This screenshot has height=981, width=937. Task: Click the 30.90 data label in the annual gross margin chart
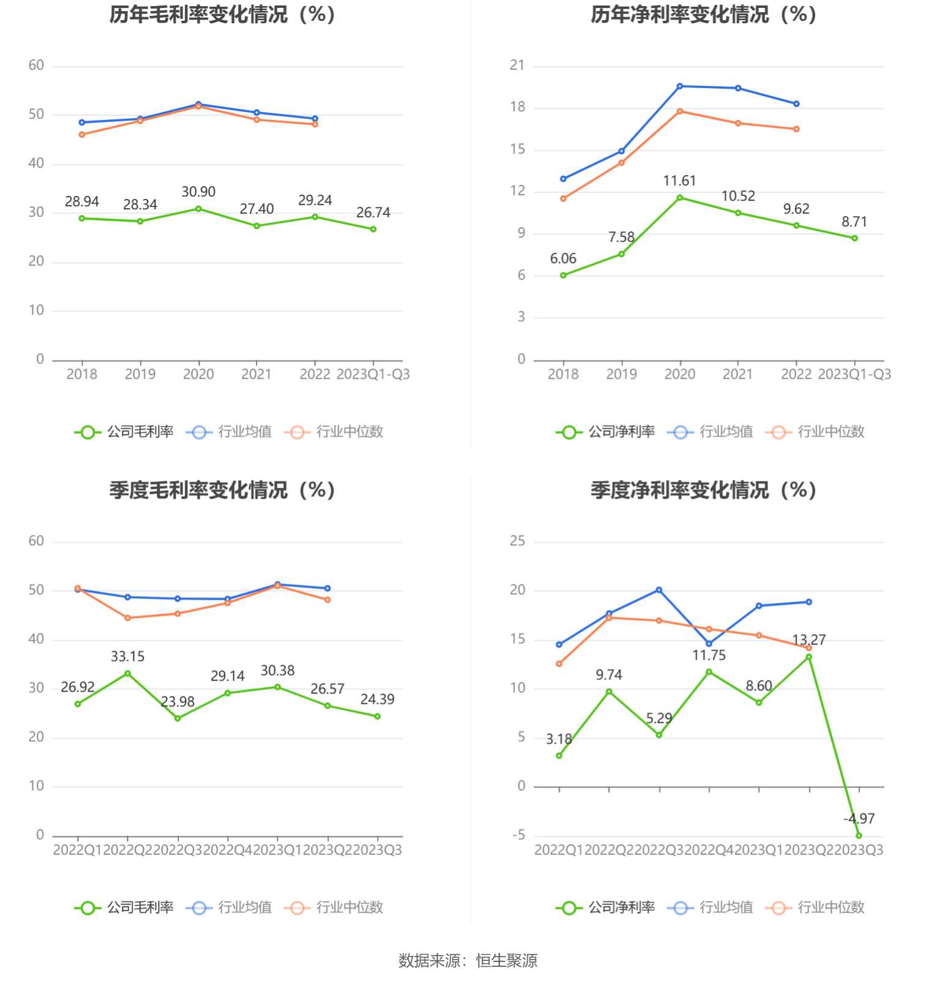point(198,192)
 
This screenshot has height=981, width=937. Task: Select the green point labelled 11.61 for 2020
point(679,198)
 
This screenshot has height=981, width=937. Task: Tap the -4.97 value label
point(859,818)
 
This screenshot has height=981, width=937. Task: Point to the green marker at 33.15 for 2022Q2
point(127,673)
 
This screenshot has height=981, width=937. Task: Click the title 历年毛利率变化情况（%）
point(222,14)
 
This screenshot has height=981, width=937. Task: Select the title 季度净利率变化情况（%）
point(703,490)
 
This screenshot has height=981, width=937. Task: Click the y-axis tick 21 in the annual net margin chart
point(517,65)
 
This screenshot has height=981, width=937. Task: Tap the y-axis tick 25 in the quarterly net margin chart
point(517,540)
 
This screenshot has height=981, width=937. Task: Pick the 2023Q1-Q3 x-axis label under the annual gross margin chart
point(373,374)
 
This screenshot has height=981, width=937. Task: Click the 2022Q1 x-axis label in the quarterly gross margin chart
point(78,849)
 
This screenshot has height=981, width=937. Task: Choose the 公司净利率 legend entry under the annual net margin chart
point(605,431)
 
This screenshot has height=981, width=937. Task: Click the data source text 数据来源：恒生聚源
point(468,960)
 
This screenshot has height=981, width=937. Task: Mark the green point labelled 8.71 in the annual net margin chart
point(854,238)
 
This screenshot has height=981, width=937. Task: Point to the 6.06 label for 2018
point(563,258)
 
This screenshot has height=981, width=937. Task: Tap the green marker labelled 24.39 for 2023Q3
point(377,716)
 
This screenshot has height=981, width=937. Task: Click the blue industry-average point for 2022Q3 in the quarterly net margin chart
point(659,590)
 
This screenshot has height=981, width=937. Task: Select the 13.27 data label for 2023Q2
point(808,640)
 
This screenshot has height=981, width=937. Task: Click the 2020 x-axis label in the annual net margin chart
point(679,374)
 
